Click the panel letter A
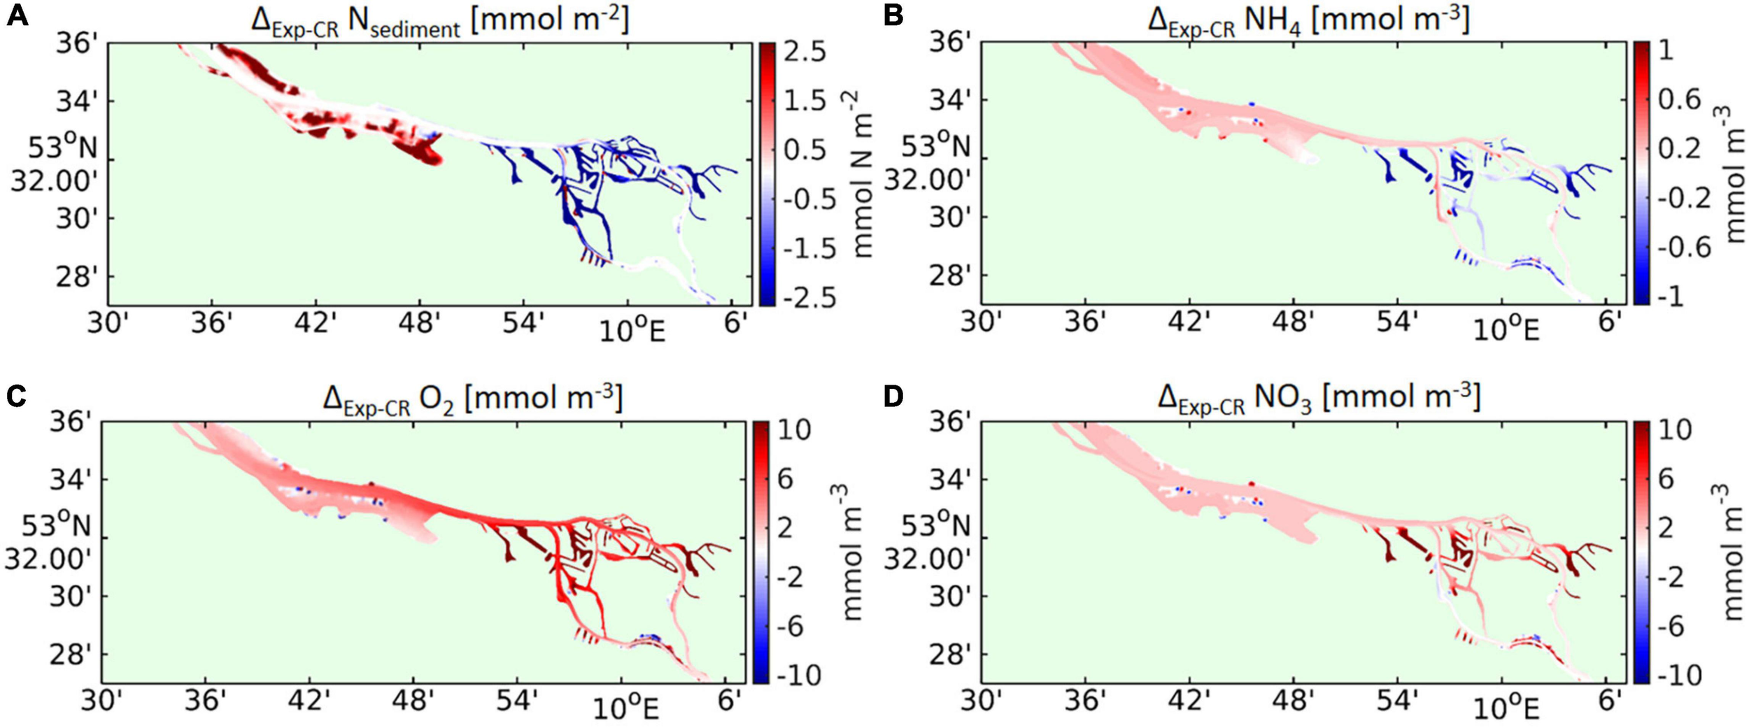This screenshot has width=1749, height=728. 17,15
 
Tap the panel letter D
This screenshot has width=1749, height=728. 893,396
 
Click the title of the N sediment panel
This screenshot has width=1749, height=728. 440,21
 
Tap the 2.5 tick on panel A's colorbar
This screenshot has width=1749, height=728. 804,52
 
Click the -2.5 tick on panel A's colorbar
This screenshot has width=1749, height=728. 807,298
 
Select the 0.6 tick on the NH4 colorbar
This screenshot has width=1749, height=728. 1679,100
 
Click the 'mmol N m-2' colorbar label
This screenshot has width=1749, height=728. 864,175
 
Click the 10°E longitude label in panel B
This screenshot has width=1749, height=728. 1506,329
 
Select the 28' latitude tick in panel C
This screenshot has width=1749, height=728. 69,655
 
